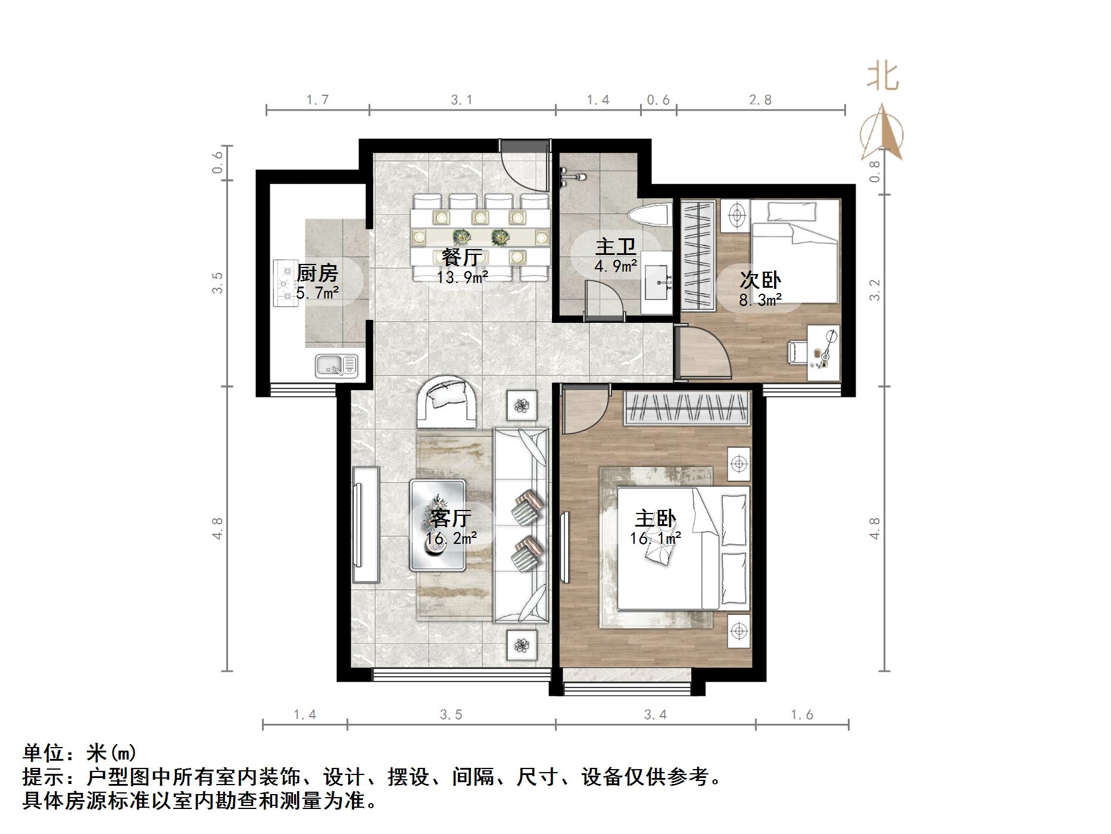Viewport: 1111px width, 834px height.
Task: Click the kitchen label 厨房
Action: point(317,273)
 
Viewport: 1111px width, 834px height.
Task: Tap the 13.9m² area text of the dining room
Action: point(462,277)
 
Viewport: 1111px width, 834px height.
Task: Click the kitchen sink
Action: point(336,366)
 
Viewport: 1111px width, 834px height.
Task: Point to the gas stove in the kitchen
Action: point(286,283)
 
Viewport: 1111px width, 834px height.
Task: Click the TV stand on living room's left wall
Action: point(366,524)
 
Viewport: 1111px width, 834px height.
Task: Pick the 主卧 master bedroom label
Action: point(655,519)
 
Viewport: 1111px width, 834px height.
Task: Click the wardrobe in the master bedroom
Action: point(686,408)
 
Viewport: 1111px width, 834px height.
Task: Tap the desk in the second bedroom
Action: point(824,353)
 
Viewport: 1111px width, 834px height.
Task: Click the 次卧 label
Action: point(760,280)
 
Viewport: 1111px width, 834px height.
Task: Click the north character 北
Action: point(882,76)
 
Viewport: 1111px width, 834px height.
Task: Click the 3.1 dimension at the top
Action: point(461,100)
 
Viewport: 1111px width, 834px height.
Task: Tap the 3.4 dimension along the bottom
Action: point(655,714)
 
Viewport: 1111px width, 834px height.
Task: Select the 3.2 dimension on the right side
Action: point(874,290)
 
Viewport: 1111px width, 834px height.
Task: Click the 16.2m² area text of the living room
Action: point(451,539)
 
